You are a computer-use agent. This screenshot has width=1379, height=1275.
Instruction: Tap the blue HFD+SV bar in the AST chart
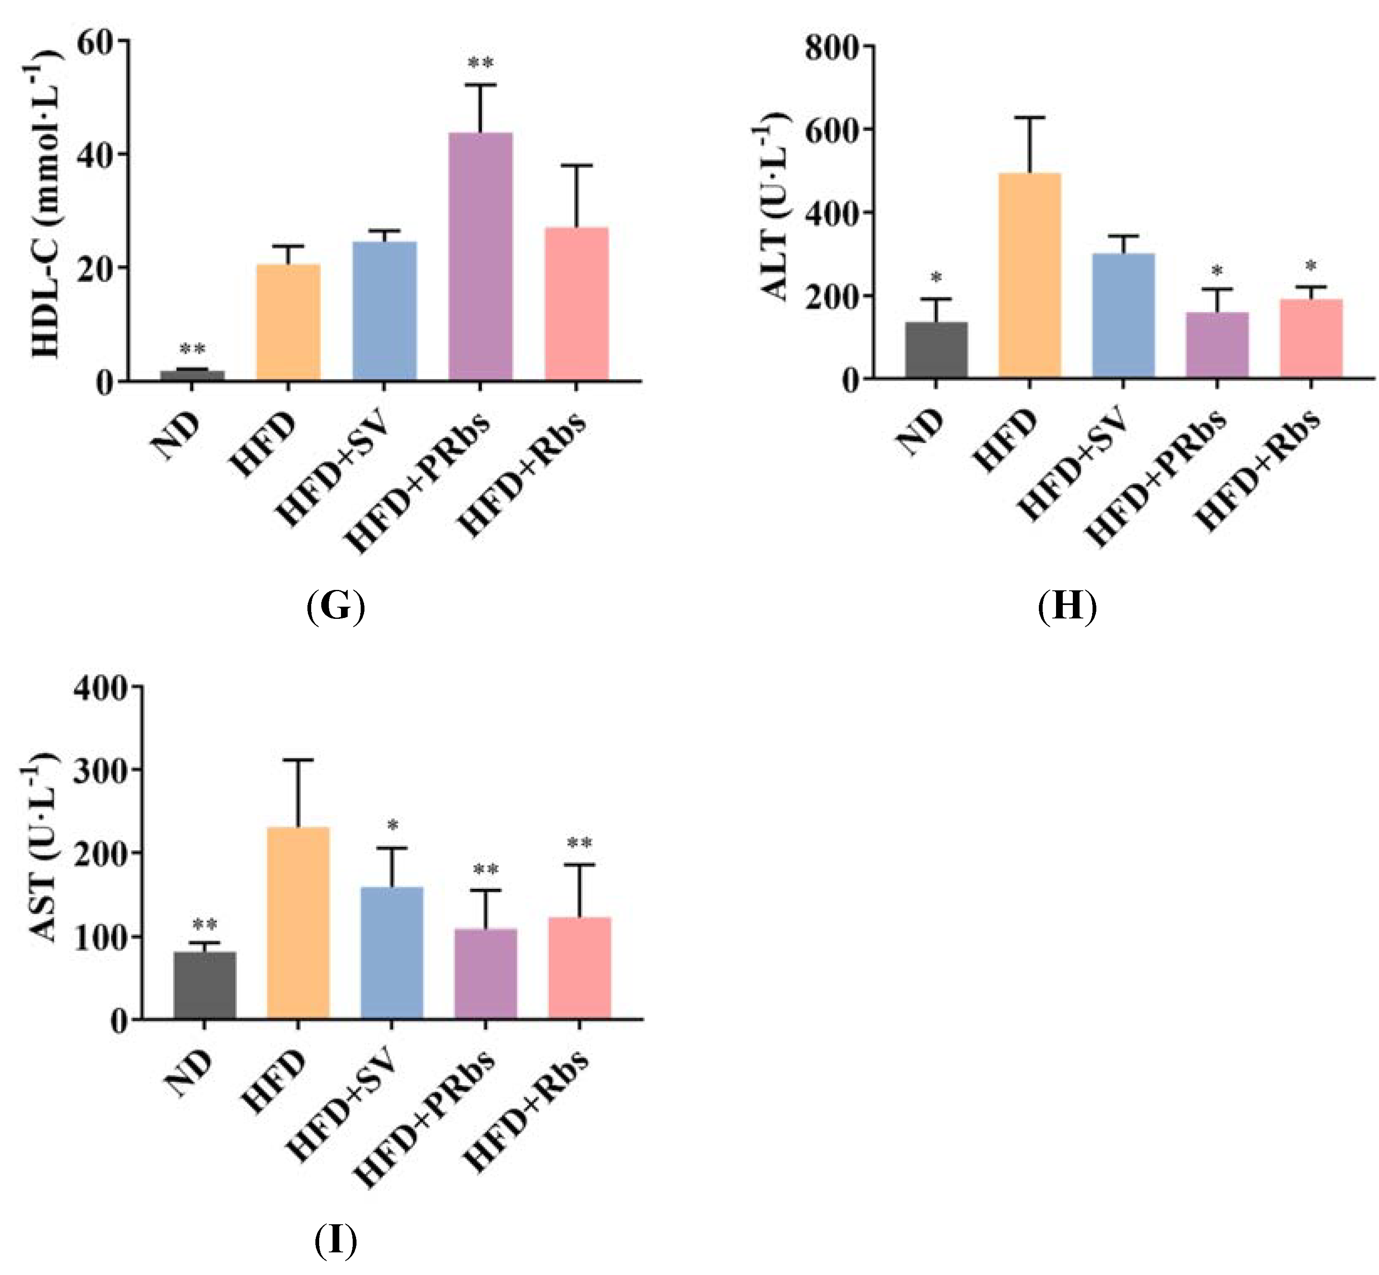click(x=391, y=952)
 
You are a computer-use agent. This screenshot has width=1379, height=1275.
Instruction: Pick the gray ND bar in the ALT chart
click(x=936, y=350)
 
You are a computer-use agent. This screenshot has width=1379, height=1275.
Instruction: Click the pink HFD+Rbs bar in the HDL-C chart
click(x=576, y=304)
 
